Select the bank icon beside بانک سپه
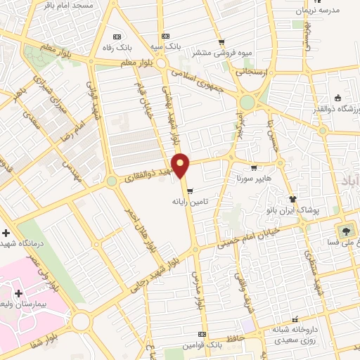point(165,36)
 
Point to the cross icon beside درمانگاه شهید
point(6,233)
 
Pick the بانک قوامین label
point(182,345)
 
